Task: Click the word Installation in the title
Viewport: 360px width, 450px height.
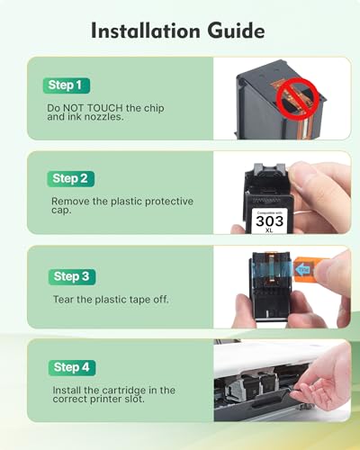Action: pyautogui.click(x=146, y=31)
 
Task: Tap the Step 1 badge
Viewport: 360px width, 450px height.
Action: pyautogui.click(x=67, y=85)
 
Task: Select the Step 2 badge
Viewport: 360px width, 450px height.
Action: pyautogui.click(x=70, y=179)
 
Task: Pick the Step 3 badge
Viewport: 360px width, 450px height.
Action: pyautogui.click(x=72, y=276)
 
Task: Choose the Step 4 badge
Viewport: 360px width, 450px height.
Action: pyautogui.click(x=72, y=367)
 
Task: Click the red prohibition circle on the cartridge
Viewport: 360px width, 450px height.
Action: pyautogui.click(x=298, y=99)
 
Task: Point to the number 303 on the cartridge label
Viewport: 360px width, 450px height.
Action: pyautogui.click(x=270, y=221)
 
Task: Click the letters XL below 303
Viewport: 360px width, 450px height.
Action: pyautogui.click(x=269, y=230)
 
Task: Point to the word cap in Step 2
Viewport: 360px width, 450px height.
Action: pyautogui.click(x=61, y=211)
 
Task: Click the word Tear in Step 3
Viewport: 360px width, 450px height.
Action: pyautogui.click(x=63, y=299)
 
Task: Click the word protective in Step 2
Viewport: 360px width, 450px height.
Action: pyautogui.click(x=169, y=202)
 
